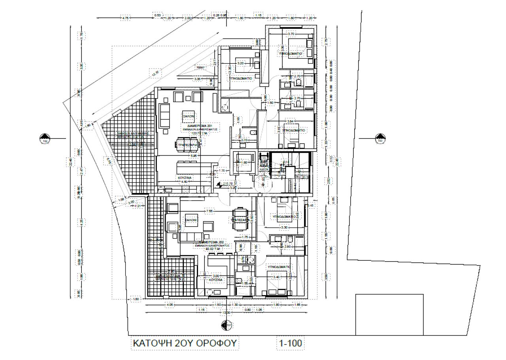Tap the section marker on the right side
pos(380,139)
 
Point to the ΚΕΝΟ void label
pos(200,68)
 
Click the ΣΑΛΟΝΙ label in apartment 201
pos(188,117)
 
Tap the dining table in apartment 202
pos(240,220)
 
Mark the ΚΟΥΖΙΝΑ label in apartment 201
pos(184,178)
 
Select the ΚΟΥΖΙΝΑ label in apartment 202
pos(216,280)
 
